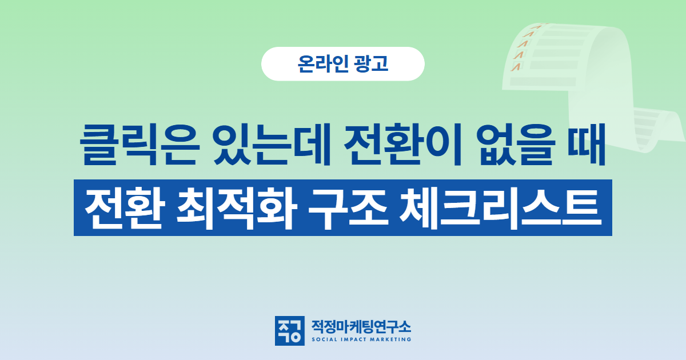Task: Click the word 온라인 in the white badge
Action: (x=323, y=63)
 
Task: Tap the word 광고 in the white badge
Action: (x=371, y=63)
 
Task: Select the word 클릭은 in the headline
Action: (x=139, y=145)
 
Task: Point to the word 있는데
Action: (x=273, y=145)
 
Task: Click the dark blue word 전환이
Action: (x=402, y=145)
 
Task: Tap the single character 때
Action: (x=587, y=145)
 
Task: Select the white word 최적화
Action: (x=237, y=209)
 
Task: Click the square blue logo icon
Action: (x=290, y=331)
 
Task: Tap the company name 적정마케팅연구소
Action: (x=361, y=327)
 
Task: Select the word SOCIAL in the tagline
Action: (x=324, y=339)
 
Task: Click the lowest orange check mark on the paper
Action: (x=516, y=67)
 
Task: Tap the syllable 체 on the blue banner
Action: (x=419, y=209)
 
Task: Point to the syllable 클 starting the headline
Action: (x=98, y=145)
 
